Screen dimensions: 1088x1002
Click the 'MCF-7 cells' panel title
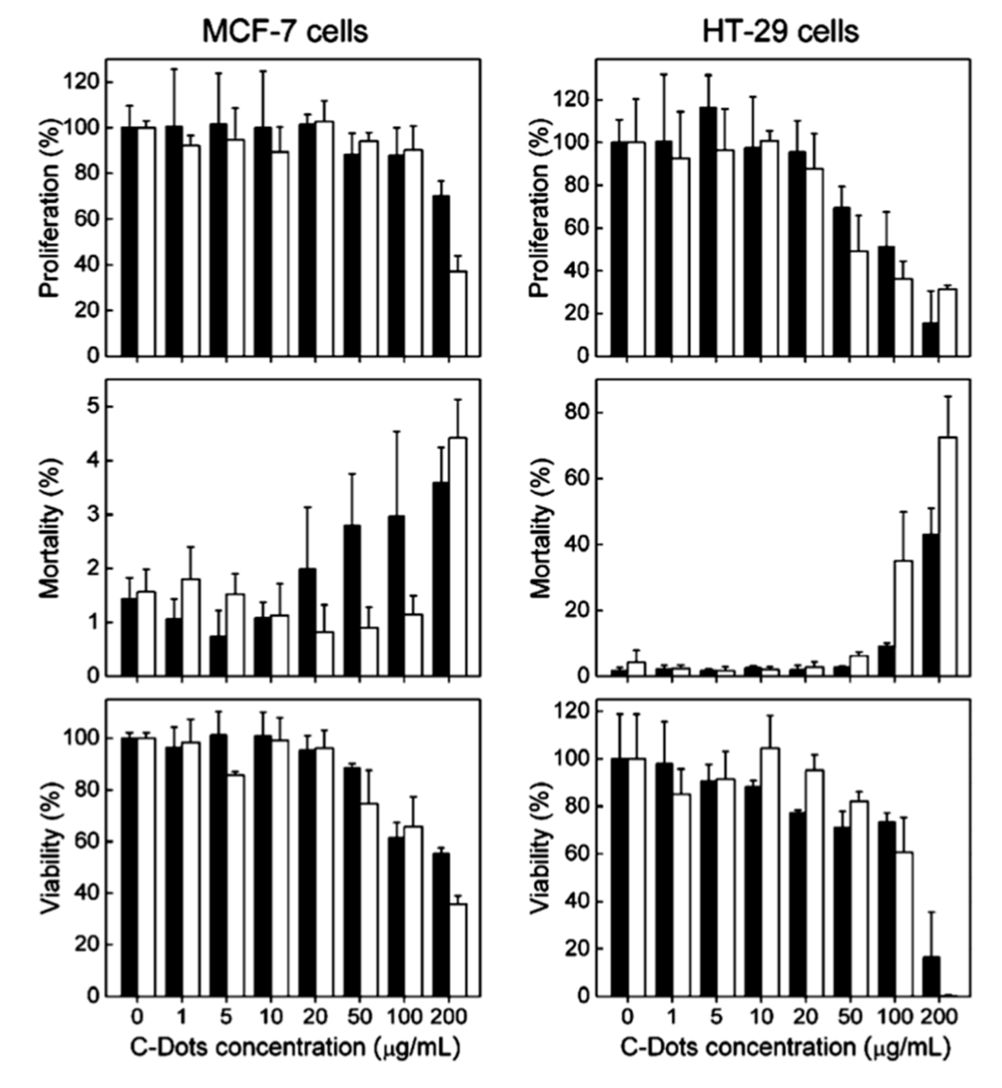[285, 31]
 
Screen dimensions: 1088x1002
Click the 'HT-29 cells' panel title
[781, 31]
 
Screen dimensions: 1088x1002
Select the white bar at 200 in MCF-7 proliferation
[458, 313]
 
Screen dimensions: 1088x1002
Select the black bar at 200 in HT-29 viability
[930, 977]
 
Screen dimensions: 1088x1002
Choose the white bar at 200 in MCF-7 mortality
[458, 556]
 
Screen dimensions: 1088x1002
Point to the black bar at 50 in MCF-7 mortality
[352, 600]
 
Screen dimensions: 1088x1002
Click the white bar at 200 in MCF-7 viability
[458, 950]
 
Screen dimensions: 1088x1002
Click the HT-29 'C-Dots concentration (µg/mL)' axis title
[785, 1047]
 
